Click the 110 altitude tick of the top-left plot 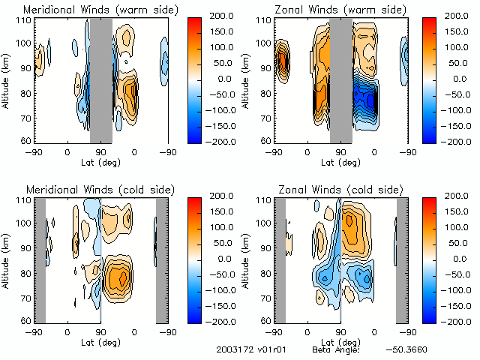coord(25,21)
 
